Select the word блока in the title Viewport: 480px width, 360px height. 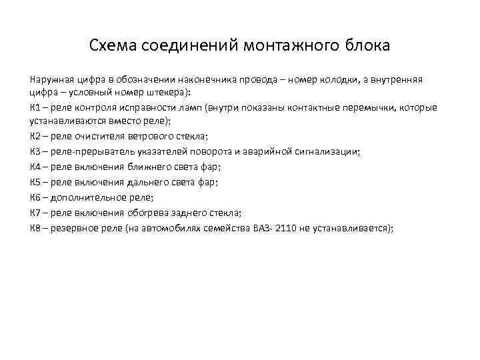pyautogui.click(x=367, y=47)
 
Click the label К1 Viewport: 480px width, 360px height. pyautogui.click(x=37, y=107)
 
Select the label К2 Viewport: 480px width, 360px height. pyautogui.click(x=37, y=137)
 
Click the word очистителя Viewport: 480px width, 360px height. pyautogui.click(x=103, y=137)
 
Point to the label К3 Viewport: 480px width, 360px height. pyautogui.click(x=37, y=151)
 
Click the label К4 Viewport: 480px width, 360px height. pyautogui.click(x=37, y=166)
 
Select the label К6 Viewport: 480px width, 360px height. pyautogui.click(x=37, y=197)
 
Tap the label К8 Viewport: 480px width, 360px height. pyautogui.click(x=37, y=227)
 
